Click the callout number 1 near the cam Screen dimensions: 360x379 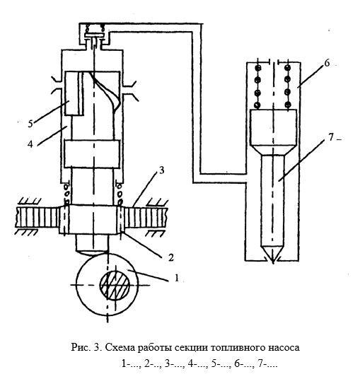177,278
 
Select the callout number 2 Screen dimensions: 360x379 171,257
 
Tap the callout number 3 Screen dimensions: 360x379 161,170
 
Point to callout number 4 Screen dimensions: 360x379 30,144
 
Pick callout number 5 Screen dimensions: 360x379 30,124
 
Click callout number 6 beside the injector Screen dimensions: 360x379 327,63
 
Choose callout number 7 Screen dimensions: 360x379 331,137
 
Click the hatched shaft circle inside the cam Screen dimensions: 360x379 115,285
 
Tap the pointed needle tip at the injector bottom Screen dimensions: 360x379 273,262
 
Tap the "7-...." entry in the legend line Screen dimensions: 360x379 267,363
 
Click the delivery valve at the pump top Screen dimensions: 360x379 94,35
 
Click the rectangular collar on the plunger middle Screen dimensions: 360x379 92,154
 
